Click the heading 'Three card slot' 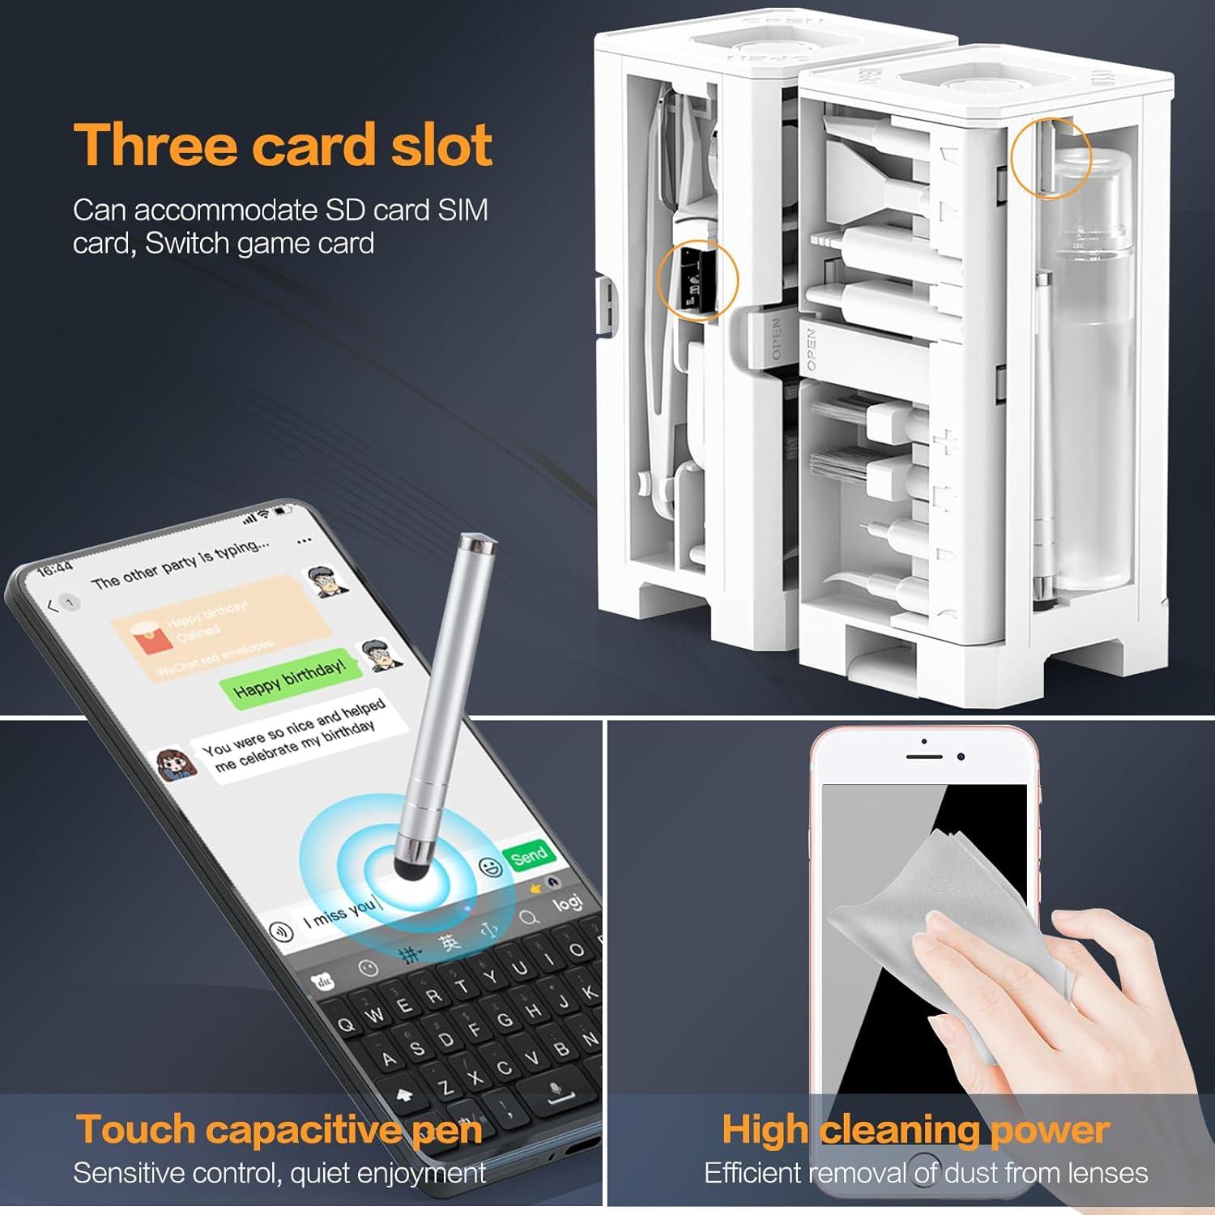coord(283,146)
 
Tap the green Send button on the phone coord(529,855)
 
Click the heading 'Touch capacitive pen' coord(279,1129)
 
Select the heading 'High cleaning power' coord(915,1129)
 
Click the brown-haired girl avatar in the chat coord(177,764)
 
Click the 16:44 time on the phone coord(55,568)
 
